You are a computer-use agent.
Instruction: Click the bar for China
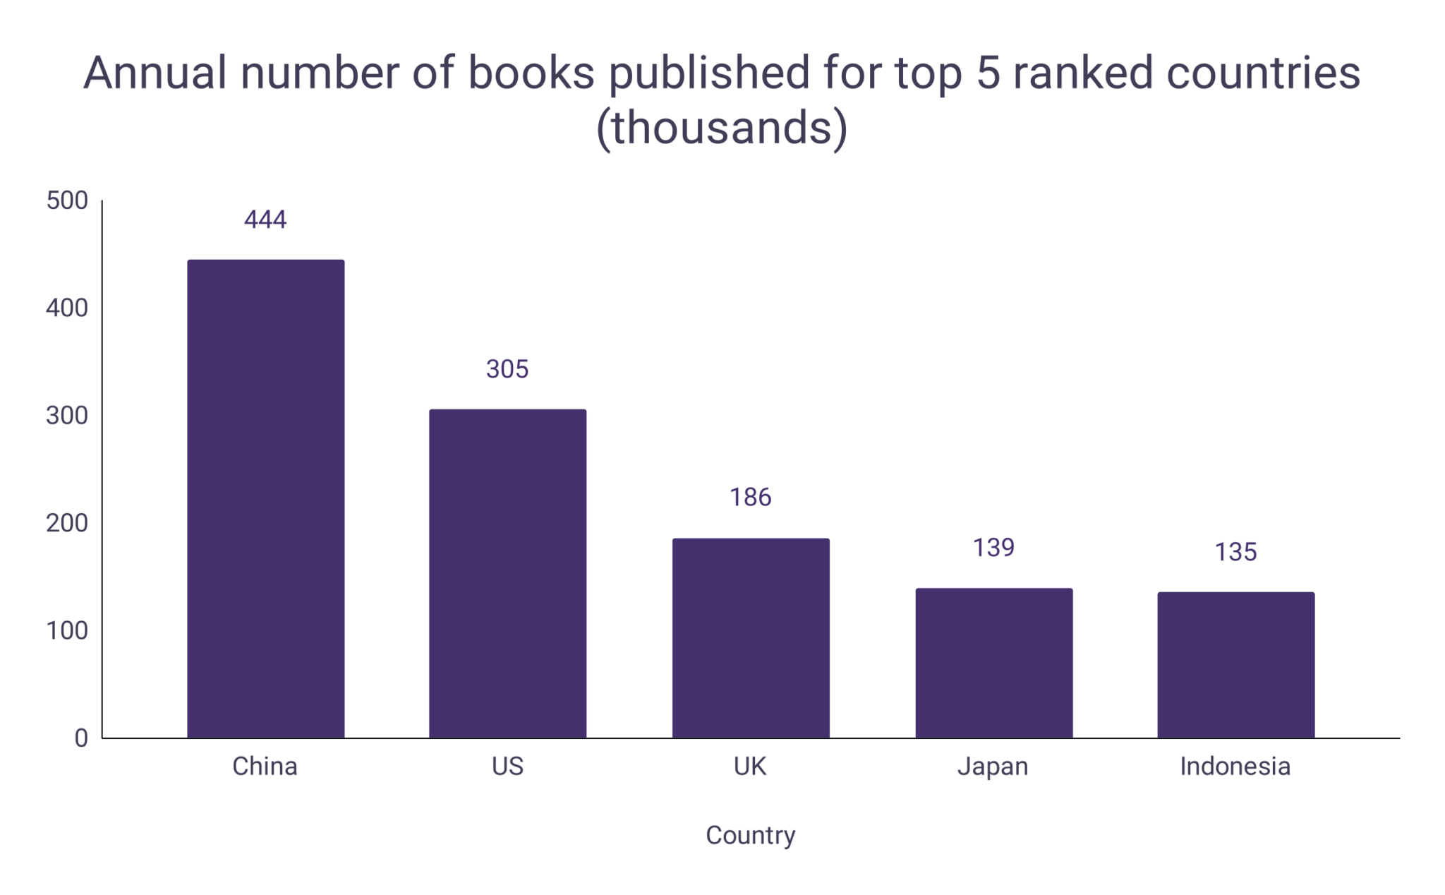265,498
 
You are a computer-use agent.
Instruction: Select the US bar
507,573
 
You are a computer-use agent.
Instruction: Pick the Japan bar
993,663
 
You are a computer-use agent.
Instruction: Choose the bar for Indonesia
1235,665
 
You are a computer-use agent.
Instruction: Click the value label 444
265,220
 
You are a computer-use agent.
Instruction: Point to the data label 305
507,369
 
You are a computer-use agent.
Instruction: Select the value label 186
750,498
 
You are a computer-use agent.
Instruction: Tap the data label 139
993,548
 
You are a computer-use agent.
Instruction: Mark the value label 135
1235,552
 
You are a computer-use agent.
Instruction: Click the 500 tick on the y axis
67,200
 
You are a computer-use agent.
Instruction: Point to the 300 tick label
67,416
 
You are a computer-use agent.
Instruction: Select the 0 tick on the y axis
81,738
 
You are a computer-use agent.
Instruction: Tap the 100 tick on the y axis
67,630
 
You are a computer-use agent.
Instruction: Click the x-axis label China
265,767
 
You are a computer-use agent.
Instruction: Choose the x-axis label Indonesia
1235,767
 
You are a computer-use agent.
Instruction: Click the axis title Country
750,836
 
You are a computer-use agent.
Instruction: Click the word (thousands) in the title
722,128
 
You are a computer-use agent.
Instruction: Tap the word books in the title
531,73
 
